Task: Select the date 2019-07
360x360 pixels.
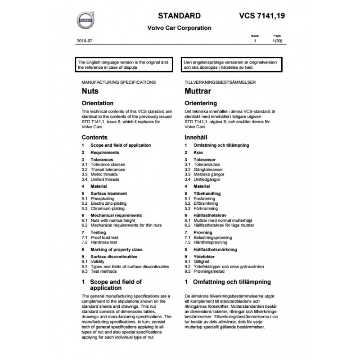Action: tap(85, 41)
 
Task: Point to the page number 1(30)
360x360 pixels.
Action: tap(278, 41)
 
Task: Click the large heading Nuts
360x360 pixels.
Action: tap(90, 91)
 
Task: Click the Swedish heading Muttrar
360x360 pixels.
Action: tap(198, 91)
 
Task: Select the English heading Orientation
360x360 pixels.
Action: tap(98, 103)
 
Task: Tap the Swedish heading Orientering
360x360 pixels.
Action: tap(201, 103)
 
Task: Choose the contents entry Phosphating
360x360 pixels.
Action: tap(103, 198)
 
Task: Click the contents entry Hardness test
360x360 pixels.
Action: tap(104, 242)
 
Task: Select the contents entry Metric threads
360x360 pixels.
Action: tap(104, 174)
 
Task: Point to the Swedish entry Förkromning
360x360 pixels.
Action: tap(205, 208)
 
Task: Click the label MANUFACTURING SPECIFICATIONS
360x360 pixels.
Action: tap(119, 83)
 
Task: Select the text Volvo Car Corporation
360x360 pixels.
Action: tap(179, 28)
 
